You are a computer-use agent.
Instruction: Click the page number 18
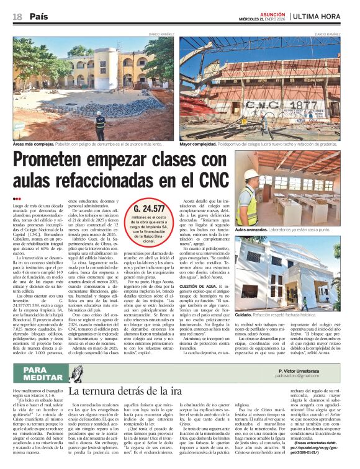click(x=17, y=16)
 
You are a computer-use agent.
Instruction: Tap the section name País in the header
click(x=38, y=16)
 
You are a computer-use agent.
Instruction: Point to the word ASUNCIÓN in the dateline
click(x=254, y=13)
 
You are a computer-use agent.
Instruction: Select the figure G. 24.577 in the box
click(x=150, y=208)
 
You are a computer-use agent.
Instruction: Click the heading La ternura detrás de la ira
click(x=122, y=391)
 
